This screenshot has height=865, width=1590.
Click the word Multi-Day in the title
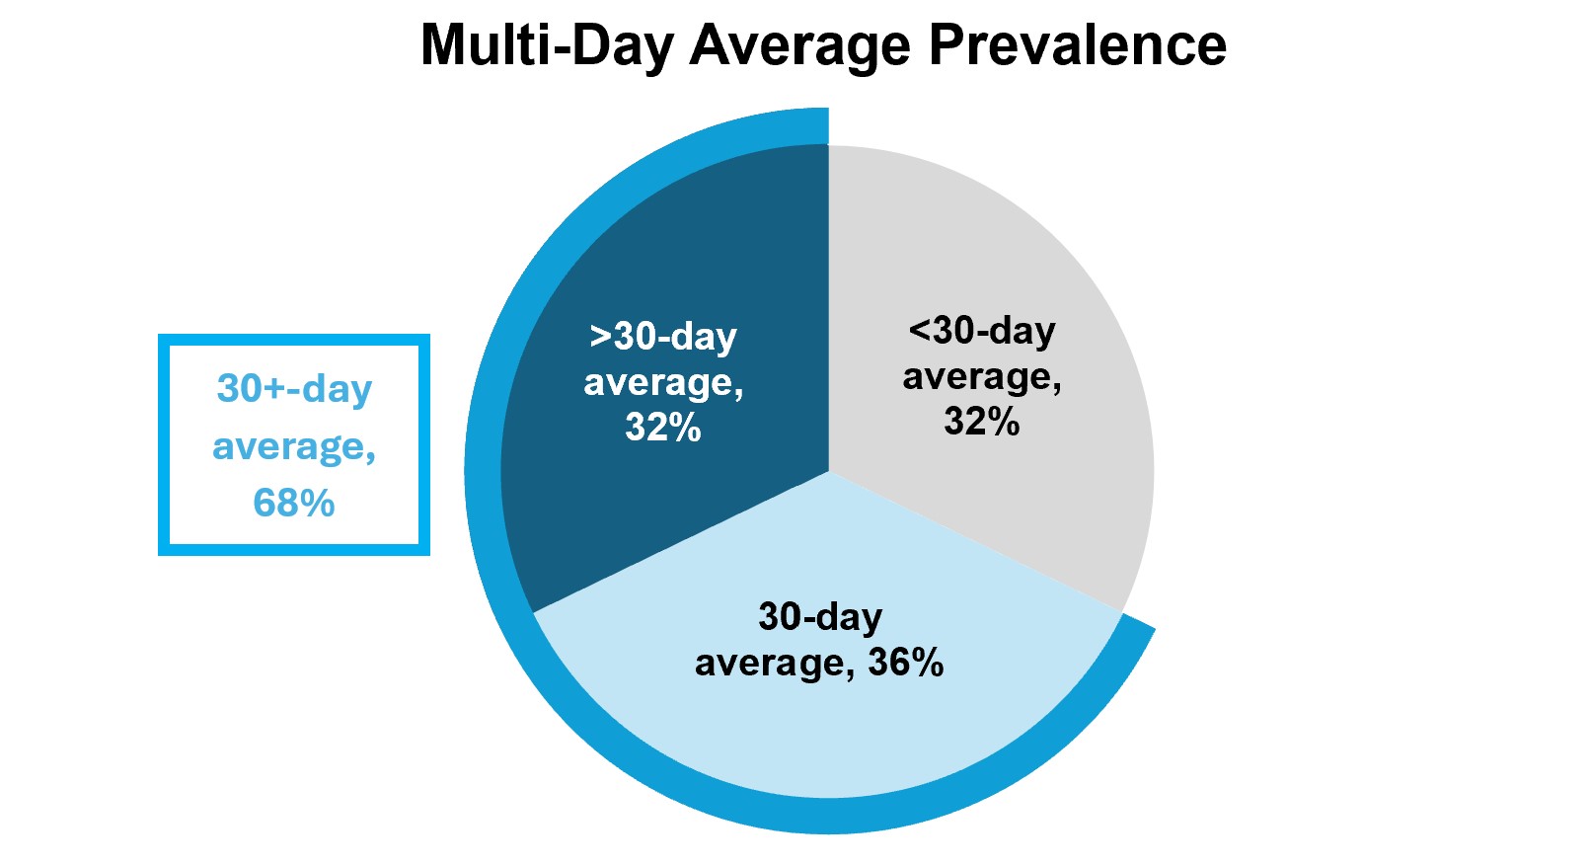pyautogui.click(x=548, y=46)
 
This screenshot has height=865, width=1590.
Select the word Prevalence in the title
pyautogui.click(x=1078, y=44)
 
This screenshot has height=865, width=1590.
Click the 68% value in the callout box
pyautogui.click(x=294, y=503)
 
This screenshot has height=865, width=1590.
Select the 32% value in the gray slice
pyautogui.click(x=982, y=421)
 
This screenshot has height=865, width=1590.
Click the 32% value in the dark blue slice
pyautogui.click(x=663, y=428)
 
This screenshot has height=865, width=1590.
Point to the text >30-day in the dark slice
pyautogui.click(x=663, y=335)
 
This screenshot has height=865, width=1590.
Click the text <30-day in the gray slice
pyautogui.click(x=982, y=330)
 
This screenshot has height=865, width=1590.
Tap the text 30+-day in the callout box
pyautogui.click(x=294, y=388)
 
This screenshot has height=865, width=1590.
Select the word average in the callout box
pyautogui.click(x=294, y=447)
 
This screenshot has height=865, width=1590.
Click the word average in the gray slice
pyautogui.click(x=982, y=377)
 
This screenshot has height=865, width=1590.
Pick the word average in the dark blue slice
pyautogui.click(x=663, y=383)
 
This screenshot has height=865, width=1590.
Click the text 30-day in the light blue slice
pyautogui.click(x=820, y=616)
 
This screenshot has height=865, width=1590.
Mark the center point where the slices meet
pyautogui.click(x=828, y=472)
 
